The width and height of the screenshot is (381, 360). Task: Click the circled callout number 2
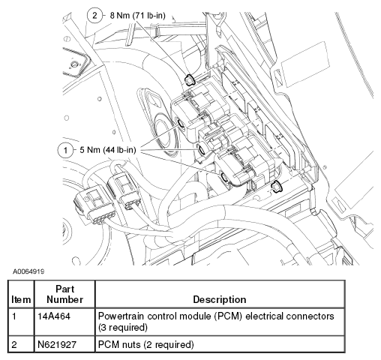pos(94,16)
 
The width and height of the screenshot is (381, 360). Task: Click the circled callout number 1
pos(65,150)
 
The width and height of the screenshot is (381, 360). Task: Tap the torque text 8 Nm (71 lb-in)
pos(138,16)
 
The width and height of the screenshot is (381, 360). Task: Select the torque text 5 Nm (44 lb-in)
pos(108,150)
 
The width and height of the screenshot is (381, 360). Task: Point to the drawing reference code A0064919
pos(28,271)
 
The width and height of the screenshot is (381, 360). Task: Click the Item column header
pos(21,299)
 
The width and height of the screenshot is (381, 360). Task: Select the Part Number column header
pos(64,294)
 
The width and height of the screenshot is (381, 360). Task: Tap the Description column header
pos(220,299)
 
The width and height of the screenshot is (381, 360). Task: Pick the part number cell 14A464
pos(54,316)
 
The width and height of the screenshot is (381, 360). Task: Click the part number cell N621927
pos(57,345)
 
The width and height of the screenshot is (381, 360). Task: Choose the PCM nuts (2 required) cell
pos(146,345)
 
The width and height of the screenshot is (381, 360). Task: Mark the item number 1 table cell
pos(14,316)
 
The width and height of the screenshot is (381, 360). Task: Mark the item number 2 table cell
pos(14,345)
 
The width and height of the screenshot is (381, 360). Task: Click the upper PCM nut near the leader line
pos(189,79)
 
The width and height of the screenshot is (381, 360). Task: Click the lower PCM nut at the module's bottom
pos(277,187)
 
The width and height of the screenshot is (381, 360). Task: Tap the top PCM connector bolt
pos(181,123)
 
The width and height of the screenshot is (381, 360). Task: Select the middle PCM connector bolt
pos(202,149)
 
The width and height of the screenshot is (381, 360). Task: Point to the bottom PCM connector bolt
pos(224,178)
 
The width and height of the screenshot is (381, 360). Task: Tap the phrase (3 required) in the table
pos(123,327)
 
